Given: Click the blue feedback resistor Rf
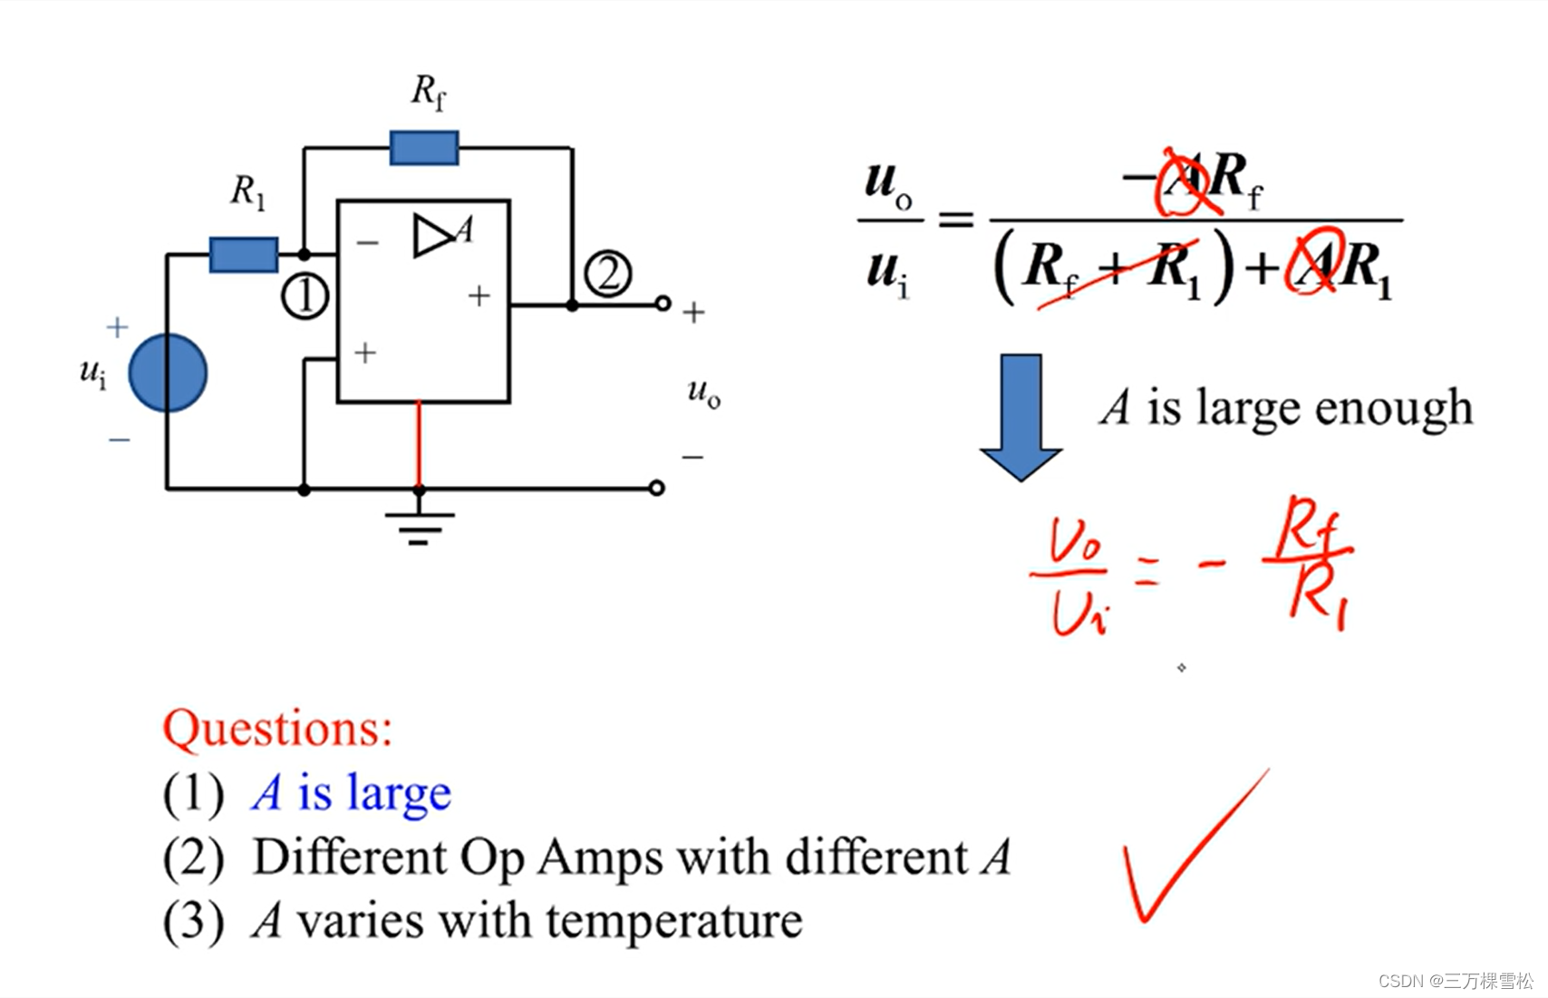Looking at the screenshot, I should (x=424, y=148).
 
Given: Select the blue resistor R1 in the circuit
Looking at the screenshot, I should (x=243, y=255).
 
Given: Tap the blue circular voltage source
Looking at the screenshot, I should (x=168, y=373).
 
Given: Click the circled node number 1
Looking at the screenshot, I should (x=305, y=296).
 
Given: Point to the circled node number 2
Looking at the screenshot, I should (x=607, y=274).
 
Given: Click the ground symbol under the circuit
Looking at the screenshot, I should (x=419, y=526).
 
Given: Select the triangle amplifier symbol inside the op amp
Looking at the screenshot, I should (x=431, y=237).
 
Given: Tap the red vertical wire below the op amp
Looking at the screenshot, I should (x=419, y=444).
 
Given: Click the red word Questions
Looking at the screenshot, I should (x=277, y=728).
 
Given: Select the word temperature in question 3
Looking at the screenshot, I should (x=674, y=921).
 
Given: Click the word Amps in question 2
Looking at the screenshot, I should (x=600, y=858).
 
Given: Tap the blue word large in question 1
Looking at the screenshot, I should (x=399, y=793).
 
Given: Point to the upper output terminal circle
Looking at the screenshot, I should (x=663, y=304).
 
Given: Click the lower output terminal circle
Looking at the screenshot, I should (x=657, y=488).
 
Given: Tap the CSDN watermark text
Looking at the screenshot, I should (x=1456, y=981).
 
